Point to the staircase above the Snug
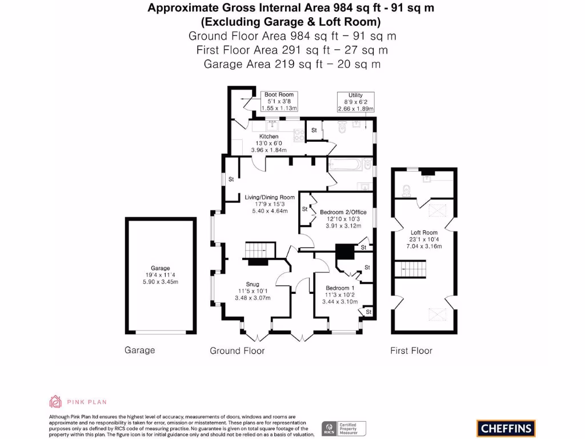[x=257, y=250]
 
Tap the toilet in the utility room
[x=342, y=127]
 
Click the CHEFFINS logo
[x=506, y=428]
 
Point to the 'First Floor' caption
[x=411, y=350]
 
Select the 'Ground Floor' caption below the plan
[x=237, y=350]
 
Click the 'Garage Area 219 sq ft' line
[x=292, y=64]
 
